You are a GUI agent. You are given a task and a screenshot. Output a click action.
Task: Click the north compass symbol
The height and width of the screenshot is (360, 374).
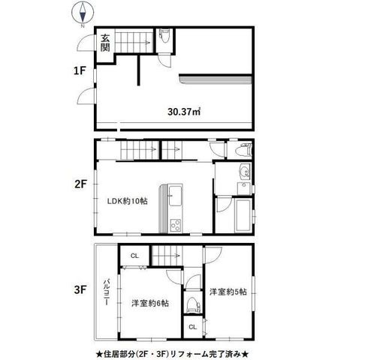[x=83, y=13]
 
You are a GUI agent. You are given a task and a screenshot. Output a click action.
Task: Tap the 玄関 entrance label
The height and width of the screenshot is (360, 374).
[x=105, y=43]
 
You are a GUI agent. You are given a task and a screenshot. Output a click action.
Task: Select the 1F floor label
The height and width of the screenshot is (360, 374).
[x=80, y=71]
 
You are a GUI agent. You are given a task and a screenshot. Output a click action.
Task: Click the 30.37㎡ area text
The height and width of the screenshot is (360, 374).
[x=184, y=112]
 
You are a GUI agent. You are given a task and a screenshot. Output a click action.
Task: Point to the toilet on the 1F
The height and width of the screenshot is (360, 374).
[x=164, y=36]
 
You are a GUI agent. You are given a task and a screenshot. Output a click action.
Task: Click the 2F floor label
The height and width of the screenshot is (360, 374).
[x=80, y=184]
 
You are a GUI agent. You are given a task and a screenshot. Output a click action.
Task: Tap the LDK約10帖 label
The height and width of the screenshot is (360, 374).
[x=127, y=201]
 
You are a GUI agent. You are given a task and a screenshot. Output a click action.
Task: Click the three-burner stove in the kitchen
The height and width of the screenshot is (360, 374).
[x=176, y=225]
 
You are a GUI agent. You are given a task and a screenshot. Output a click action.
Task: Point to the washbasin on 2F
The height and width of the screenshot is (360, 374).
[x=245, y=172]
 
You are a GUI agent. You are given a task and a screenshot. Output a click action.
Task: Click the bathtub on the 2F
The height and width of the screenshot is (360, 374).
[x=243, y=215]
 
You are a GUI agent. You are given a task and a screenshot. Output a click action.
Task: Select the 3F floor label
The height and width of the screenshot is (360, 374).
[x=80, y=290]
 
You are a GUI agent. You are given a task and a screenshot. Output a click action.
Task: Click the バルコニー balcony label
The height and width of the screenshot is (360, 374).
[x=106, y=292]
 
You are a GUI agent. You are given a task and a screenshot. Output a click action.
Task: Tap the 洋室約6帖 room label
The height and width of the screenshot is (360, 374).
[x=150, y=303]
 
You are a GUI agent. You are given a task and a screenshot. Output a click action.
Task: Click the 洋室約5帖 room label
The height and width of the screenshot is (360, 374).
[x=228, y=292]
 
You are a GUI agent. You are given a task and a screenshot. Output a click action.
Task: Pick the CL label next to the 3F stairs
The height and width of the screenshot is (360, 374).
[x=134, y=256]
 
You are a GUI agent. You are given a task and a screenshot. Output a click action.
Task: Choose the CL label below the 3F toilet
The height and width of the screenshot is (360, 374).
[x=192, y=327]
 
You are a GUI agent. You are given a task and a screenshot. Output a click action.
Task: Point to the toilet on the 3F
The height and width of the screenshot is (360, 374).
[x=194, y=304]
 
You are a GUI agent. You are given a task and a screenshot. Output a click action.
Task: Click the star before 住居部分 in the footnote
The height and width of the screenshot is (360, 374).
[x=99, y=354]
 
